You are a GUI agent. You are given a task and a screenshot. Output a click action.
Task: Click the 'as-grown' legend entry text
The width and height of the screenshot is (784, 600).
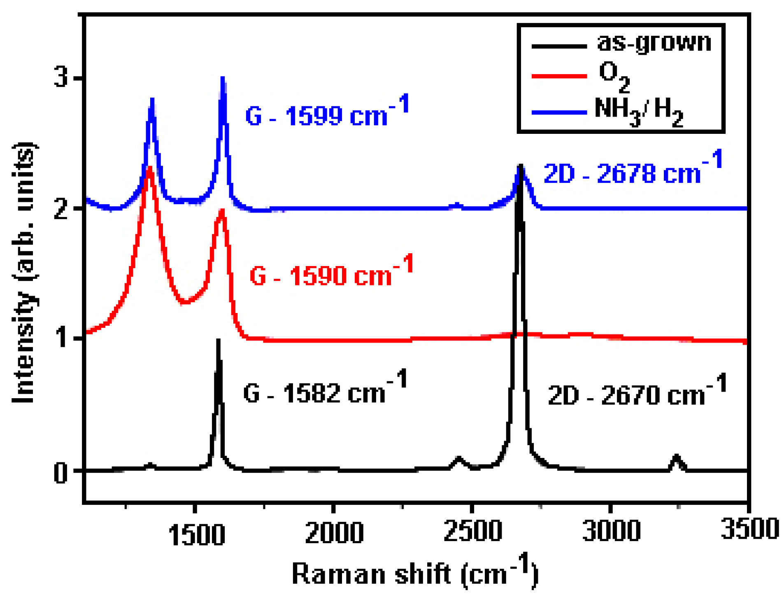click(653, 42)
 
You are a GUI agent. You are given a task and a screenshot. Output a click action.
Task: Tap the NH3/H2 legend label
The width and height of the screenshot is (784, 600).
click(638, 112)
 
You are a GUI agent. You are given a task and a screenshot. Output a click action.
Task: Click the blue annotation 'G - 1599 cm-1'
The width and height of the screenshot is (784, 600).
click(327, 112)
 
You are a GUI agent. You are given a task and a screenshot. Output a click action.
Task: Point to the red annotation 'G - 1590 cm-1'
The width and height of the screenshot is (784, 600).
click(331, 272)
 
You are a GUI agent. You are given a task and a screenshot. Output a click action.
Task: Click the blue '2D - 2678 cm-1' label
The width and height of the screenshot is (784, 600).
click(633, 169)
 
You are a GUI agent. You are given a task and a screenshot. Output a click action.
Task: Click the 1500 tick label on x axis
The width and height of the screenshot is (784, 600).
click(196, 534)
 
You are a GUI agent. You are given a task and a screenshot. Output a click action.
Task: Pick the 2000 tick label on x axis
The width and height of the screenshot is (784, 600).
click(334, 532)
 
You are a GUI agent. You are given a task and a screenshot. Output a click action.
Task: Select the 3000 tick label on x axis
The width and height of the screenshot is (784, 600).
click(611, 530)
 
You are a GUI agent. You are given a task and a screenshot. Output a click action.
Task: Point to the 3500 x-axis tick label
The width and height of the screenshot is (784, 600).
click(749, 528)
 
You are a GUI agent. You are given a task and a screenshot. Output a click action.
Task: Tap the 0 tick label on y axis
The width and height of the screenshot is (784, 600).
click(61, 472)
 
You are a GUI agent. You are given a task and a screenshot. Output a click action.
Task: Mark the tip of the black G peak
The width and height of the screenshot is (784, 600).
click(218, 340)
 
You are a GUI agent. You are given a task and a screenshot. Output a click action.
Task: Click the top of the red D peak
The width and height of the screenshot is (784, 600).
click(149, 168)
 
